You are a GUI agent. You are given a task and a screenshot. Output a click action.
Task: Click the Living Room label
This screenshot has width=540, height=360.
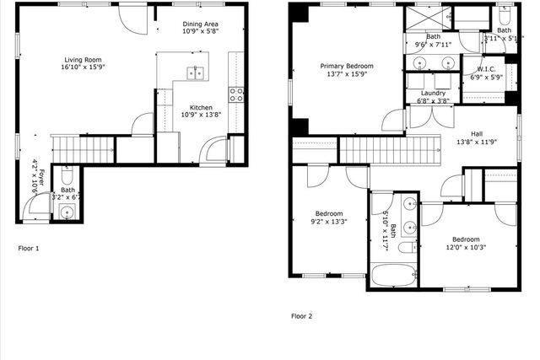[83, 60]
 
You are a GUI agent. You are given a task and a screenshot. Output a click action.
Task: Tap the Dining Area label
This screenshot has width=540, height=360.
[201, 24]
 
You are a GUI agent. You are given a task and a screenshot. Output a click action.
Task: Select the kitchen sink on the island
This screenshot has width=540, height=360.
[197, 73]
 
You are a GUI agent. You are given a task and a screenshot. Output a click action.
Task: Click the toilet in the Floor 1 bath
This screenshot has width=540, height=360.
[67, 177]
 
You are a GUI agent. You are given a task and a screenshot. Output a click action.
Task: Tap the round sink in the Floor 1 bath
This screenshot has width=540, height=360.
[67, 211]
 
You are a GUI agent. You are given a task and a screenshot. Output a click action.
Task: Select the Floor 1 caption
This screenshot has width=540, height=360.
[29, 249]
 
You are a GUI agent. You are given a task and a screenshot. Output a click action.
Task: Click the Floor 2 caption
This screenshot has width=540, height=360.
[302, 316]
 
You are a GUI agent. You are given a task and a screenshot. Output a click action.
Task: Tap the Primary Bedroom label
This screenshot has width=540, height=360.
[347, 65]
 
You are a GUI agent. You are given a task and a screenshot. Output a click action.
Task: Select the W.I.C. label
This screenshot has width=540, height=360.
[486, 69]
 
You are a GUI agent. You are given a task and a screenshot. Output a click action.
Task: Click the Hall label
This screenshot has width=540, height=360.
[477, 133]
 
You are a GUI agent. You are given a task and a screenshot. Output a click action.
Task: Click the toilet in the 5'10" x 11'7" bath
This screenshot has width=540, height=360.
[406, 250]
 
